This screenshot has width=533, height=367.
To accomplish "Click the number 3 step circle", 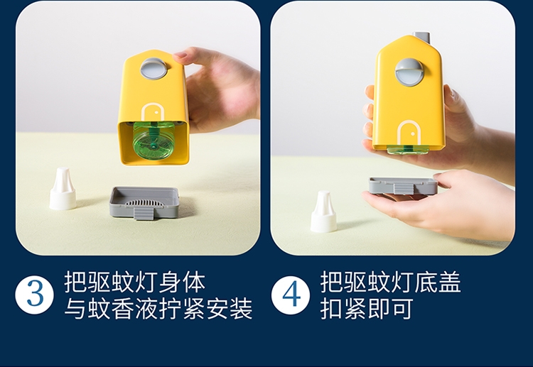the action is pos(34,295).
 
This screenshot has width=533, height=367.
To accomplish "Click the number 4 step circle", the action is pos(291,295).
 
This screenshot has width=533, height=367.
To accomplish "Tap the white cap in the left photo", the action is pos(63,188).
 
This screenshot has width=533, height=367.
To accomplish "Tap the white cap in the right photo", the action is pos(323,212).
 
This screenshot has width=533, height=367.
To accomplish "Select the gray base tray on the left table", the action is pos(144,202).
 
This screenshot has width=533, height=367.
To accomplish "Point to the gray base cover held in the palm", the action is pos(403,186).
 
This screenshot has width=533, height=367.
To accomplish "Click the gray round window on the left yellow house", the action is pos(152,70).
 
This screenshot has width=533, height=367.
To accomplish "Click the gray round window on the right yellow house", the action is pos(409,72).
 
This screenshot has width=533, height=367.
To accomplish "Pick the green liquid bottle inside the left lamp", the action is pos(153,141).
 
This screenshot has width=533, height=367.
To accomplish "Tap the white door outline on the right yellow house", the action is pos(409,133).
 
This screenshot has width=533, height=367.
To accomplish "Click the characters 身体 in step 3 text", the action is pos(182,281).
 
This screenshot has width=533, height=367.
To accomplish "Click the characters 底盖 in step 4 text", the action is pos(438,281).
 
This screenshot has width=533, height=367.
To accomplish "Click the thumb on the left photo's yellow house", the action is pos(185,56).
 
